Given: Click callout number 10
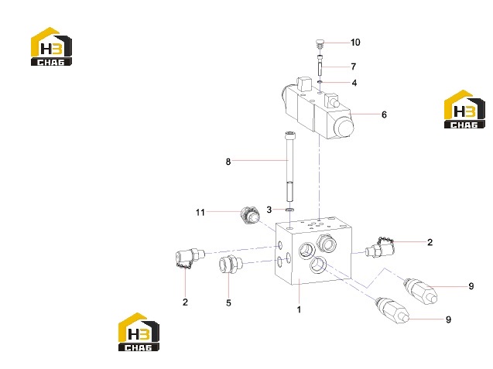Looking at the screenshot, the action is pyautogui.click(x=355, y=43).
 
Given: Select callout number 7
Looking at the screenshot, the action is pyautogui.click(x=354, y=67).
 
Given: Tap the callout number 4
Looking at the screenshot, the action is pyautogui.click(x=354, y=83).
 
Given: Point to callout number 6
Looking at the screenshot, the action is pyautogui.click(x=384, y=114).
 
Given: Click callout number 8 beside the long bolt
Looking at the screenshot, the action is pyautogui.click(x=228, y=162).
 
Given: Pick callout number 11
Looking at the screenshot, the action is pyautogui.click(x=200, y=213).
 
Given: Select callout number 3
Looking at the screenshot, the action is pyautogui.click(x=269, y=210).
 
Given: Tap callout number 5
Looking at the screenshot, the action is pyautogui.click(x=228, y=303).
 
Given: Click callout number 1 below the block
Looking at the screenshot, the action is pyautogui.click(x=299, y=309).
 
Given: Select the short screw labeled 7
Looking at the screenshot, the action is pyautogui.click(x=320, y=65).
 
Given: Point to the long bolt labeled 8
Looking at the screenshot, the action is pyautogui.click(x=289, y=166).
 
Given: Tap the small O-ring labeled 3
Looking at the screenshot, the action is pyautogui.click(x=289, y=210).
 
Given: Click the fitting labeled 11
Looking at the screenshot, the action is pyautogui.click(x=250, y=215).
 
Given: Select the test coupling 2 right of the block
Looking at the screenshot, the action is pyautogui.click(x=380, y=247).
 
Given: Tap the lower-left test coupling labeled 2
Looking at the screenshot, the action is pyautogui.click(x=190, y=257).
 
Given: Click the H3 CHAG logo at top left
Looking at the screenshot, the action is pyautogui.click(x=51, y=46).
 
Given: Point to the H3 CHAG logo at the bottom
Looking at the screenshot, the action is pyautogui.click(x=139, y=332).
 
